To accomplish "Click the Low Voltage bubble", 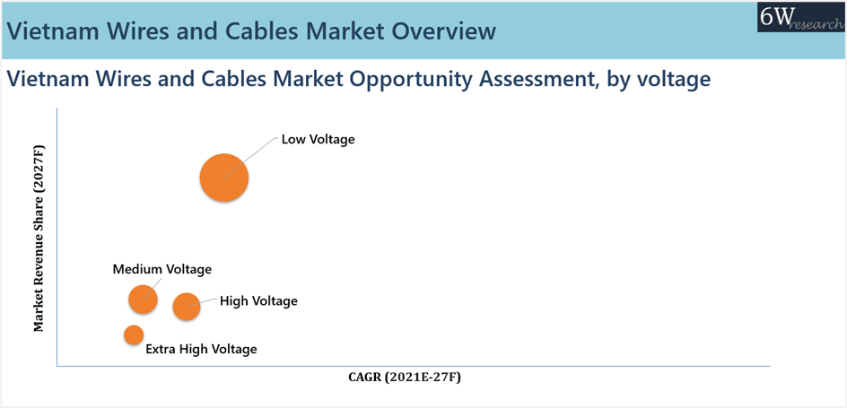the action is click(x=224, y=178).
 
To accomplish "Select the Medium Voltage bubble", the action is click(x=144, y=299).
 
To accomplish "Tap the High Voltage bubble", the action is click(x=187, y=307).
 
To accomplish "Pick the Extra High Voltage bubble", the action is click(x=134, y=334).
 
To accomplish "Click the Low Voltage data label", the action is click(x=319, y=139).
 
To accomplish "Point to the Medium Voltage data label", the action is click(x=162, y=269).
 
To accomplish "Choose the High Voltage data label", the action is click(x=258, y=300).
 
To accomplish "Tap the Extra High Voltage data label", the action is click(x=202, y=349).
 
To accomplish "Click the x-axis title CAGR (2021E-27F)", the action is click(x=405, y=378).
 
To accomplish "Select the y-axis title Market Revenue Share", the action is click(x=39, y=238).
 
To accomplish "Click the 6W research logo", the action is click(x=801, y=24).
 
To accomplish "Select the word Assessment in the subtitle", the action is click(x=560, y=80).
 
